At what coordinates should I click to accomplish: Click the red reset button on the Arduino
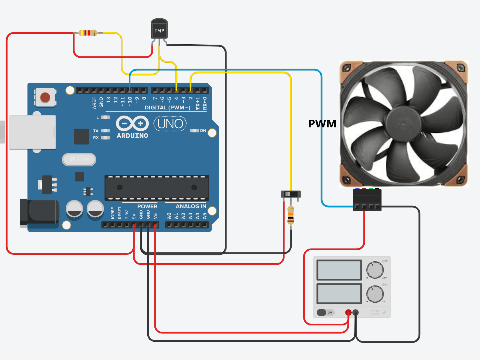(45, 97)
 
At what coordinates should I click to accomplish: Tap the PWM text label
(322, 124)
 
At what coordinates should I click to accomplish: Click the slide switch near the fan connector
(290, 194)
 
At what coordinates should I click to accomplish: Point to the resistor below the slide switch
(291, 215)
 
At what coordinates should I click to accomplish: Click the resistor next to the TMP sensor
(88, 33)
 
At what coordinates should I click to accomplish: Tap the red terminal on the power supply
(348, 312)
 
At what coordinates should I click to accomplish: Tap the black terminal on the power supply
(355, 312)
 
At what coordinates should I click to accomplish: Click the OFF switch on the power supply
(325, 312)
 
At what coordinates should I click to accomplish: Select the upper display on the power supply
(339, 270)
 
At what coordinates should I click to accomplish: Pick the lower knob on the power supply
(375, 294)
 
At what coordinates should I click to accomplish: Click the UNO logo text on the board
(170, 124)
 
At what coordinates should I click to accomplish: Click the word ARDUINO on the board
(132, 136)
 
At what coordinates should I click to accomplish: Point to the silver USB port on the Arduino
(33, 132)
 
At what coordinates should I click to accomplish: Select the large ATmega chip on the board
(157, 187)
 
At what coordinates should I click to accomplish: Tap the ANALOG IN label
(191, 206)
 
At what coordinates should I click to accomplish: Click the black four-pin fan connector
(367, 200)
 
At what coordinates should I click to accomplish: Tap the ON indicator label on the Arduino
(203, 131)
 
